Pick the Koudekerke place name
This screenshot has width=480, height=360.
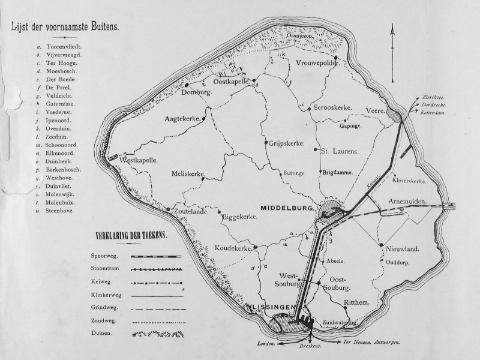tap(232, 248)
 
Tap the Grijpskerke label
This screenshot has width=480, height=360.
tap(286, 144)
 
